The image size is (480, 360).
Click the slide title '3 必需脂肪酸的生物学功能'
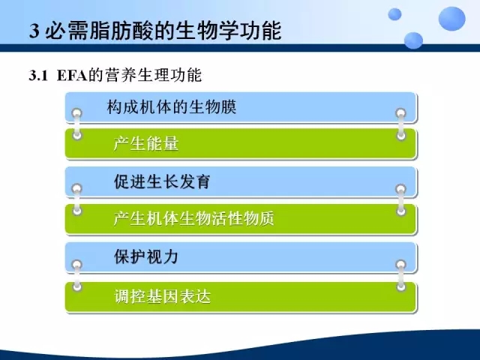155,31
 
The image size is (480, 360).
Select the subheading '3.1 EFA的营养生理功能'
115,75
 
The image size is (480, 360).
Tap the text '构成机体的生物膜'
172,107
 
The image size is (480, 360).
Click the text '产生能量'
145,143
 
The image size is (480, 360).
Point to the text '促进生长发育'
162,181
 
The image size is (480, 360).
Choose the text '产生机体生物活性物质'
193,218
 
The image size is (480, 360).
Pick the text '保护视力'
145,256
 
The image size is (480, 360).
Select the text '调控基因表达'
163,296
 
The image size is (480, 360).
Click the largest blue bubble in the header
451,18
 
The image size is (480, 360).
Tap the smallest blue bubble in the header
394,14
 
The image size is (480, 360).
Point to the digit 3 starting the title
34,31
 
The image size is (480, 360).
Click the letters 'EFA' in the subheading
72,76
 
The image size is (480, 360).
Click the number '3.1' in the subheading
38,76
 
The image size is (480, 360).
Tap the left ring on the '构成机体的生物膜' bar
76,113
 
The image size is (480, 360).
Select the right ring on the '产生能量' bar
401,135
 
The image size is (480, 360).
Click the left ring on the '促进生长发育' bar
76,188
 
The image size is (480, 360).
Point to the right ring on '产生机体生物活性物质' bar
401,211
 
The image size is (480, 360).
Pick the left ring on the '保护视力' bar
76,265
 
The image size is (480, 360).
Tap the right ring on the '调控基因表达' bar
401,286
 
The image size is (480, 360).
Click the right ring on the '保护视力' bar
401,265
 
